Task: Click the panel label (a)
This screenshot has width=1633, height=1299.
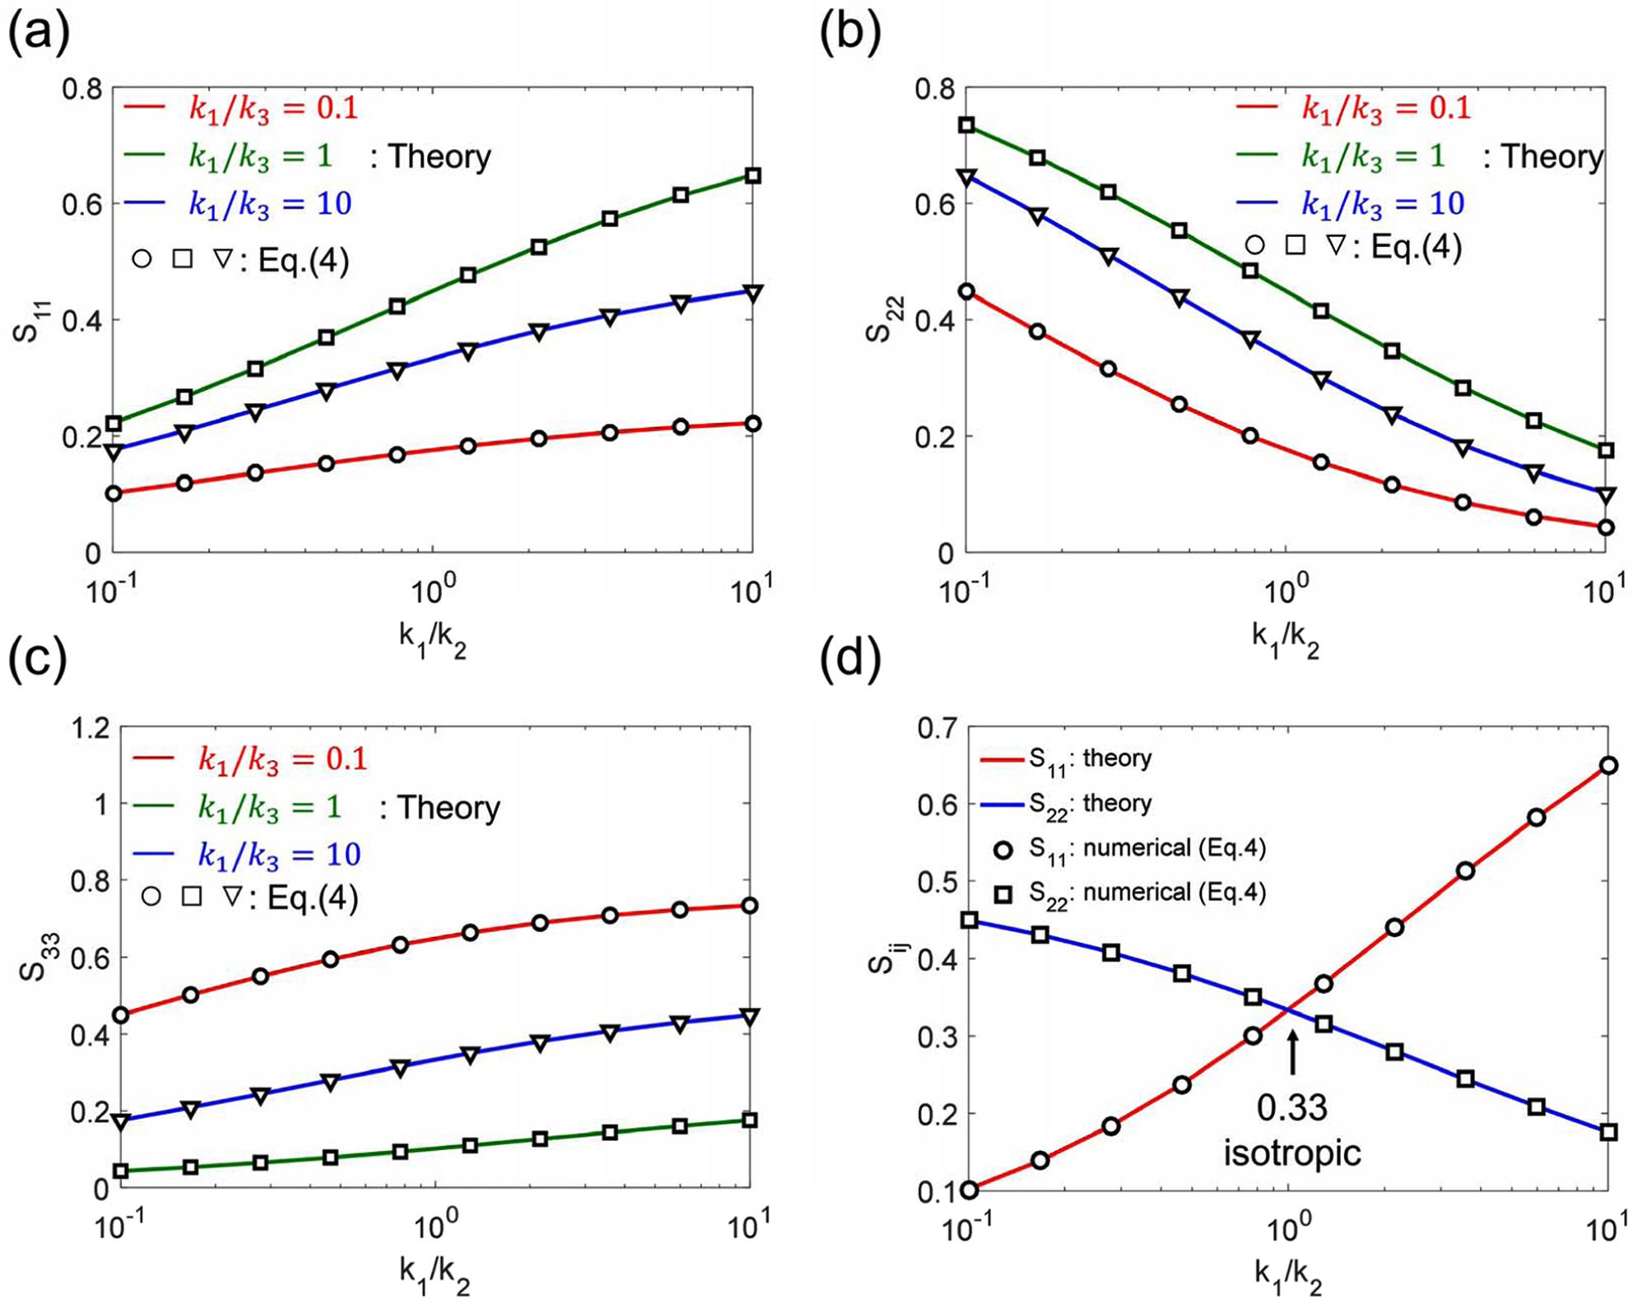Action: [38, 35]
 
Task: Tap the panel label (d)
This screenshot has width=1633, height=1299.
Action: [850, 661]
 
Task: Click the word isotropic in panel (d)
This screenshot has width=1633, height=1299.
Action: [1291, 1153]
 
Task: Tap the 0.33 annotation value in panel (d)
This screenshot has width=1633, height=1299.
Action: [1291, 1107]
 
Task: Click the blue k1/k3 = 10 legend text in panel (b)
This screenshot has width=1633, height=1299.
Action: [1383, 203]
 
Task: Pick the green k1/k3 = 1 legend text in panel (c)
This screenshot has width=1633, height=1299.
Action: [269, 806]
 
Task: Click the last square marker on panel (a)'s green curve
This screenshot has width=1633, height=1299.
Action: [751, 176]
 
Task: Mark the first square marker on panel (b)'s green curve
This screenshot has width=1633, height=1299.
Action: [967, 125]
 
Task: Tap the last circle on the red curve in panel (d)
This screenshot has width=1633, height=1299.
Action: [1607, 766]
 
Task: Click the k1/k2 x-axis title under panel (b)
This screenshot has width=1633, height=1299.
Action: [1285, 643]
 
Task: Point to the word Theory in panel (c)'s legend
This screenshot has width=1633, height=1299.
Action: [449, 808]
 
